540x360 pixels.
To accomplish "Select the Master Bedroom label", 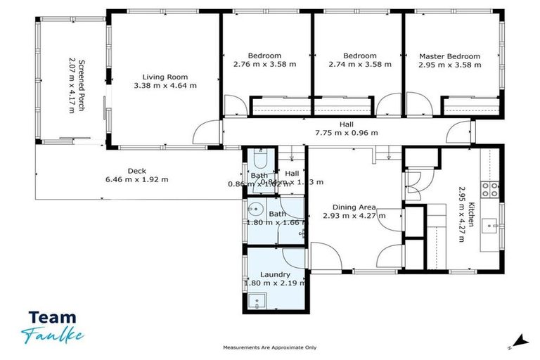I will point(449,56).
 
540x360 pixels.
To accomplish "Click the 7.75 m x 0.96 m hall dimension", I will point(346,133).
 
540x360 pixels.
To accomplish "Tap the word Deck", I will point(136,170).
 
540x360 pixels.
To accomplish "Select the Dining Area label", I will point(354,207).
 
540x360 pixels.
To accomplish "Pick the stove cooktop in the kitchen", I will point(489,188).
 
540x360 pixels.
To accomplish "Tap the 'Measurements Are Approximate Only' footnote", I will point(269,348).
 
